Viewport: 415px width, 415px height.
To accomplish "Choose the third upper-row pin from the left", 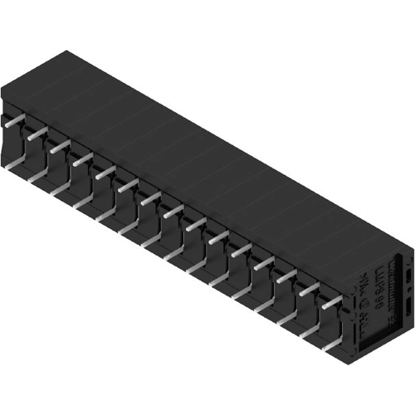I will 59,146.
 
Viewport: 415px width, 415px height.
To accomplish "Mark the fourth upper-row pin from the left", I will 81,159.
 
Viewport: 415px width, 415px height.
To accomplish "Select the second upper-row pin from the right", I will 309,290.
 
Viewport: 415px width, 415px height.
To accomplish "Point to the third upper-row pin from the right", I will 286,276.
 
